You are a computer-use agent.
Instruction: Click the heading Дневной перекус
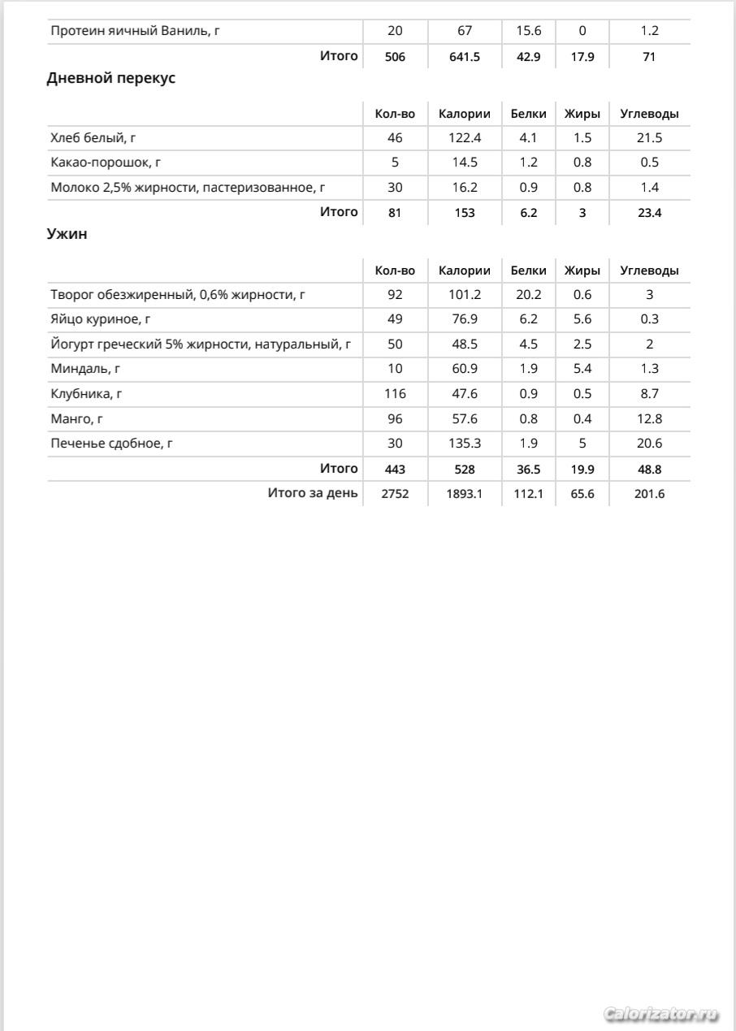(111, 79)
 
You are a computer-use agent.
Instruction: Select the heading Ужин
(67, 235)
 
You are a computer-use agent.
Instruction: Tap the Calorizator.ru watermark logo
(662, 1014)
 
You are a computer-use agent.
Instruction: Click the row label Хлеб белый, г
(93, 138)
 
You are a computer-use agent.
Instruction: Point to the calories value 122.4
(465, 138)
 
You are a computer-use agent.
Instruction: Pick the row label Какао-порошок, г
(106, 162)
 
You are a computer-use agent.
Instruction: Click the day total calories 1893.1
(465, 494)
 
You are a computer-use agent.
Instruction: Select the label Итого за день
(313, 493)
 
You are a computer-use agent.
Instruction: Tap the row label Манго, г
(77, 419)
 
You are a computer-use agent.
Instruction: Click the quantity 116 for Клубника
(395, 394)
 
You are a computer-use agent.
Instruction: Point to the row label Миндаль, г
(85, 369)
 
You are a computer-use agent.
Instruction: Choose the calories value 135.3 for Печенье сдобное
(465, 444)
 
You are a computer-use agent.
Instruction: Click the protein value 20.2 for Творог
(528, 295)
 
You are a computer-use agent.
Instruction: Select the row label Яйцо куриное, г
(102, 319)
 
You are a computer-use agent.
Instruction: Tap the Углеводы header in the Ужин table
(649, 271)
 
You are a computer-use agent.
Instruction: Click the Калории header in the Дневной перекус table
(465, 114)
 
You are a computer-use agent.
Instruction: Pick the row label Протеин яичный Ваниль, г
(136, 32)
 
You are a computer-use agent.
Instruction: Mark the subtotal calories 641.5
(465, 57)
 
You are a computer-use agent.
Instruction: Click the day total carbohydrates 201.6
(649, 494)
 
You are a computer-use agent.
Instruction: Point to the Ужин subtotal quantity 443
(395, 470)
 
